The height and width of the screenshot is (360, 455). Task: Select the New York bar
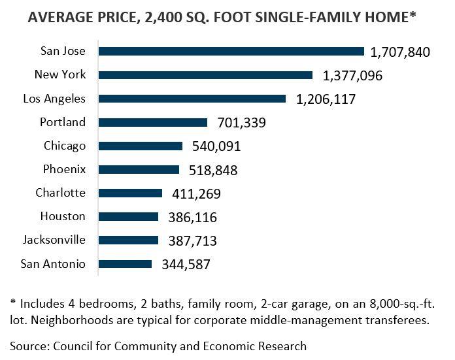click(x=206, y=75)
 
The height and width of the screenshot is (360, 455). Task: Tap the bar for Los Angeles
click(x=192, y=99)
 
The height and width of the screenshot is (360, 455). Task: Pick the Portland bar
click(x=153, y=122)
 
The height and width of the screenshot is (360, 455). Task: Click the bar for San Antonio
click(x=126, y=264)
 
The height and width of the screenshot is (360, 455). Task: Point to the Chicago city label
click(x=64, y=146)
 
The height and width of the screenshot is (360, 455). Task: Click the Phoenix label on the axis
click(x=64, y=169)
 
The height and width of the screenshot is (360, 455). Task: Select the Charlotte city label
click(x=60, y=193)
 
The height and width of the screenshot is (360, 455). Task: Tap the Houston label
click(x=63, y=216)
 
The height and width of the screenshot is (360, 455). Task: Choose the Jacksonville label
click(x=54, y=240)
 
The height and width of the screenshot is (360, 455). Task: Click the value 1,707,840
click(x=400, y=52)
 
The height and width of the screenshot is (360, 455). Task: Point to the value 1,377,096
click(x=352, y=76)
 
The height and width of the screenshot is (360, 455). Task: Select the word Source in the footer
click(x=29, y=346)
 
